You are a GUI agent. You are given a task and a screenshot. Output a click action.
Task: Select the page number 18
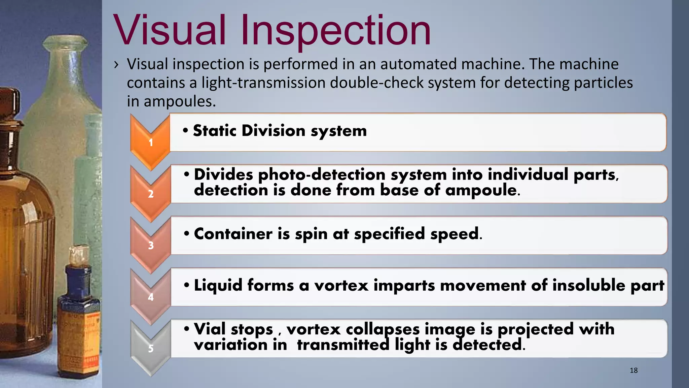click(633, 370)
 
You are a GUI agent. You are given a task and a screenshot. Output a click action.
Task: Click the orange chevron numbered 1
click(150, 141)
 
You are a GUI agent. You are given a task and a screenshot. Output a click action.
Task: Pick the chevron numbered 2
click(150, 193)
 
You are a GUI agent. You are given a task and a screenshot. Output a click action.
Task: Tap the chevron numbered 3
click(150, 245)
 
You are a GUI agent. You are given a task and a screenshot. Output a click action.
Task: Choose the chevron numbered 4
click(150, 296)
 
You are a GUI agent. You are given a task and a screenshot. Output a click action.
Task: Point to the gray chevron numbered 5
click(150, 348)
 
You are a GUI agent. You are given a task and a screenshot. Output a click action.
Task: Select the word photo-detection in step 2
click(321, 175)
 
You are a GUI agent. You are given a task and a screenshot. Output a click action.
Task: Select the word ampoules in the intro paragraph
click(179, 102)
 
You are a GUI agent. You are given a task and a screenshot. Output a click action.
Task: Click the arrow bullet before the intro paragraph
click(116, 64)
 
